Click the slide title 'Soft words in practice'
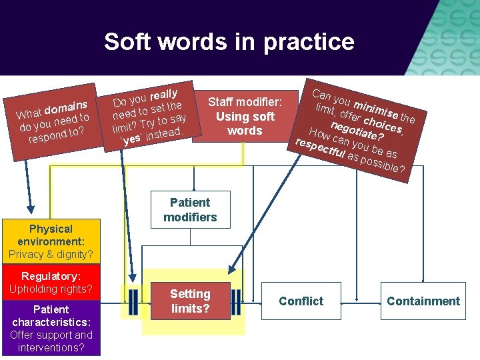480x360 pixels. click(x=229, y=41)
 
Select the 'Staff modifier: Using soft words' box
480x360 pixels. click(x=245, y=116)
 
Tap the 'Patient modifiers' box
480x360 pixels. click(x=190, y=209)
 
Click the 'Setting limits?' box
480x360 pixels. click(x=190, y=301)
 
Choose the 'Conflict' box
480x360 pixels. click(x=301, y=301)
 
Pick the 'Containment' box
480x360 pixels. click(x=423, y=301)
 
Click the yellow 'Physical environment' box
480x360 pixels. click(x=51, y=241)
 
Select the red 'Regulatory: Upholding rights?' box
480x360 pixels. click(x=51, y=282)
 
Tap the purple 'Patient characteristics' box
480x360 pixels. click(x=51, y=328)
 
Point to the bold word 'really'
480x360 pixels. click(x=163, y=92)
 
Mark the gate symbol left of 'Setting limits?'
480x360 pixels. click(x=133, y=301)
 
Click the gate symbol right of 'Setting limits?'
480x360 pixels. click(x=236, y=301)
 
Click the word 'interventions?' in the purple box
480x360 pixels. click(x=51, y=347)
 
